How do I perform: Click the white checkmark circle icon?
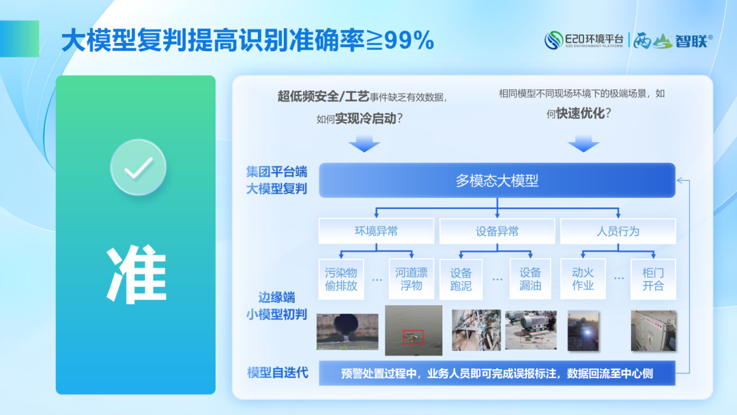pyautogui.click(x=138, y=167)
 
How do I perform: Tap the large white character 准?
pyautogui.click(x=136, y=274)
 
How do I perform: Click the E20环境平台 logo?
pyautogui.click(x=583, y=40)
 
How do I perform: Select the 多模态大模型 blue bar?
pyautogui.click(x=497, y=180)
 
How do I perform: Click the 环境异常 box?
pyautogui.click(x=376, y=231)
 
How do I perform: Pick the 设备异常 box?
pyautogui.click(x=497, y=231)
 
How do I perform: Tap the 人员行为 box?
pyautogui.click(x=618, y=231)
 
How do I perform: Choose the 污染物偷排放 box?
pyautogui.click(x=341, y=279)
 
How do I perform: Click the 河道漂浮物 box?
pyautogui.click(x=411, y=279)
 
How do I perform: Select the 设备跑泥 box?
pyautogui.click(x=461, y=279)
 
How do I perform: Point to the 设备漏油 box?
pyautogui.click(x=530, y=279)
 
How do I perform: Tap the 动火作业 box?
pyautogui.click(x=583, y=279)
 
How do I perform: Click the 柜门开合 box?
pyautogui.click(x=653, y=279)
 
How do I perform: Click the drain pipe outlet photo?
pyautogui.click(x=347, y=332)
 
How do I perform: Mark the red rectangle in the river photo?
pyautogui.click(x=413, y=337)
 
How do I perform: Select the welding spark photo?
pyautogui.click(x=583, y=331)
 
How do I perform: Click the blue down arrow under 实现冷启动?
pyautogui.click(x=364, y=144)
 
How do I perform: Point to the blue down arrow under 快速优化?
pyautogui.click(x=583, y=144)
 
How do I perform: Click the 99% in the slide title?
pyautogui.click(x=409, y=40)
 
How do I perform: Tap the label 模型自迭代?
pyautogui.click(x=278, y=373)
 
